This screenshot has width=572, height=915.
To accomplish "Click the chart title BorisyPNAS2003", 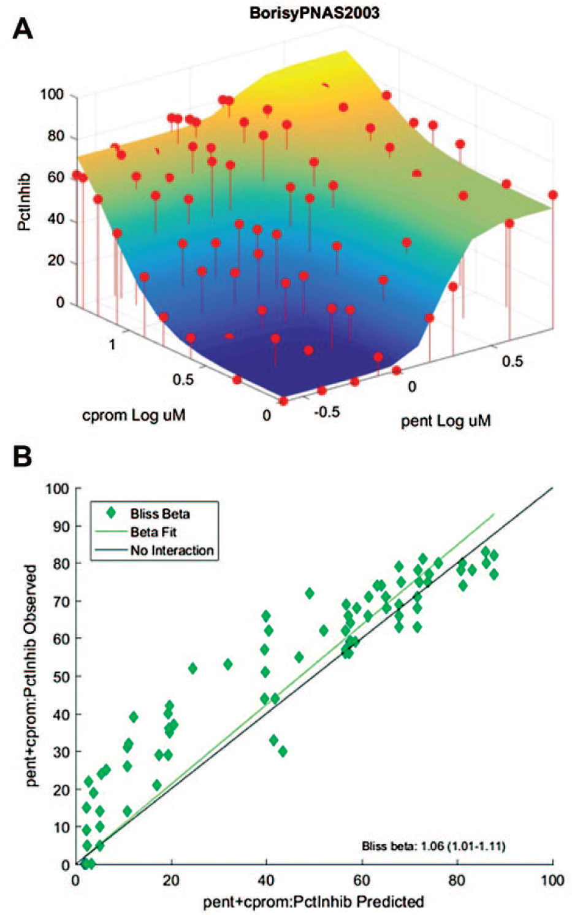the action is pos(315,13).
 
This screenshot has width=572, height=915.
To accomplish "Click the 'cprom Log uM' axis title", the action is pos(134,415).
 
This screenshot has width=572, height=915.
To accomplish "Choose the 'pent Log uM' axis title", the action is pos(446,421).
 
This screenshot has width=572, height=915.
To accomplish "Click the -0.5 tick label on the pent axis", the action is pos(327,412).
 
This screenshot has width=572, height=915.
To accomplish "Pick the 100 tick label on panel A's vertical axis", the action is pos(52,94).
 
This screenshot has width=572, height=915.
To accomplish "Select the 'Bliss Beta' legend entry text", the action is pos(160,513).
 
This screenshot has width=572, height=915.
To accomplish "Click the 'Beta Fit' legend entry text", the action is pos(153,532).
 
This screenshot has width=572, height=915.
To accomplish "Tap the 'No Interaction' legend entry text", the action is pos(172,550).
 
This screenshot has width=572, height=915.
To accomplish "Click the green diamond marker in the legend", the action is pos(110,513).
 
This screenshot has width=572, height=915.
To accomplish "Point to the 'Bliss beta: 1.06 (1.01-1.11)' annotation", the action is pos(433,846).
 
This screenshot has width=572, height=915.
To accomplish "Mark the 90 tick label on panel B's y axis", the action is pos(61,526).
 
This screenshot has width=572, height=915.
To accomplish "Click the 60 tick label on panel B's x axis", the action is pos(361,880).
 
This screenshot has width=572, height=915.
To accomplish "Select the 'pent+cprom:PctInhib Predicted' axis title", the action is pos(313,902).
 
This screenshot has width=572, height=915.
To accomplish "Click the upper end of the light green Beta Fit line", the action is pos(494,514).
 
